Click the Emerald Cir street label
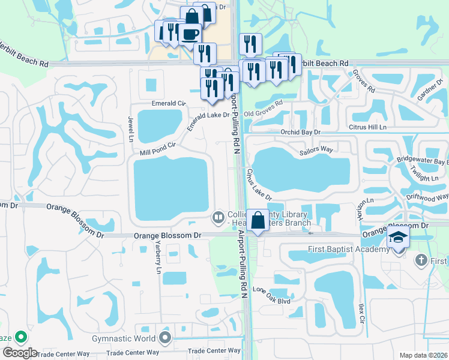click(169, 103)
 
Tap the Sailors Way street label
click(316, 150)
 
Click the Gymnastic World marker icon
click(166, 339)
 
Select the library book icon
click(218, 217)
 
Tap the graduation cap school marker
click(399, 237)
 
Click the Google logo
click(19, 353)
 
